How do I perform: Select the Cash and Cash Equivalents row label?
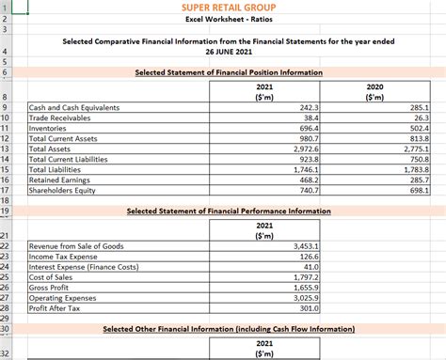pyautogui.click(x=74, y=108)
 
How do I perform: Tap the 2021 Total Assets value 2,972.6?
pyautogui.click(x=300, y=149)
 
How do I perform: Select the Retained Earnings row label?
pyautogui.click(x=60, y=180)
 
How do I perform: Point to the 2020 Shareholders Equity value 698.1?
pyautogui.click(x=419, y=191)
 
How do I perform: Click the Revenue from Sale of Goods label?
pyautogui.click(x=76, y=246)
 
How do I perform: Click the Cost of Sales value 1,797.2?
pyautogui.click(x=300, y=277)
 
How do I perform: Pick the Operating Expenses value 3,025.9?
pyautogui.click(x=300, y=298)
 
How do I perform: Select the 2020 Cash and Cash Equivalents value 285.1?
pyautogui.click(x=419, y=108)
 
